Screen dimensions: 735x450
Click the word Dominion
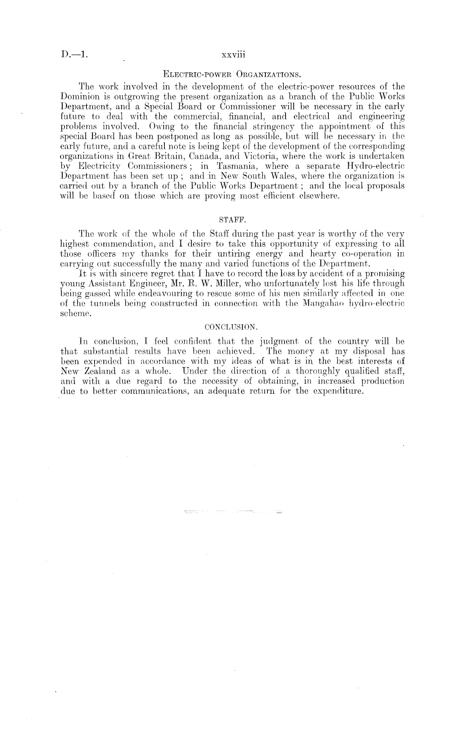77,96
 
